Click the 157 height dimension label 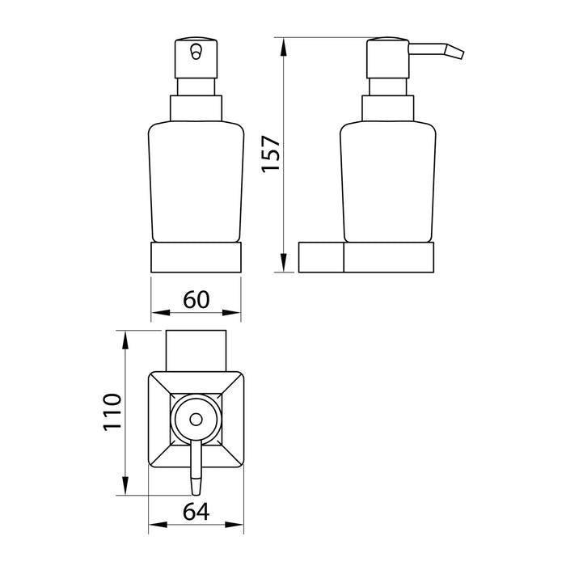[272, 154]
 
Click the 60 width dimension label [196, 299]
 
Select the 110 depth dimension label [112, 412]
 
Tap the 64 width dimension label [196, 512]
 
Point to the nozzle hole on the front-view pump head [196, 51]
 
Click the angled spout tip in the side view [454, 52]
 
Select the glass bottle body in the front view [196, 182]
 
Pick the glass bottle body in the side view [388, 182]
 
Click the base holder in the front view [196, 257]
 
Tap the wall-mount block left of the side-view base [321, 257]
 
